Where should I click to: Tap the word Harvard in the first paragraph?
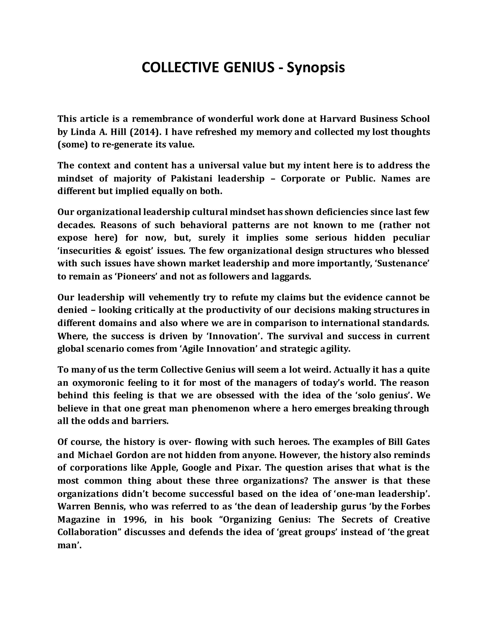(x=338, y=119)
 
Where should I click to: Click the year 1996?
(x=135, y=519)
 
